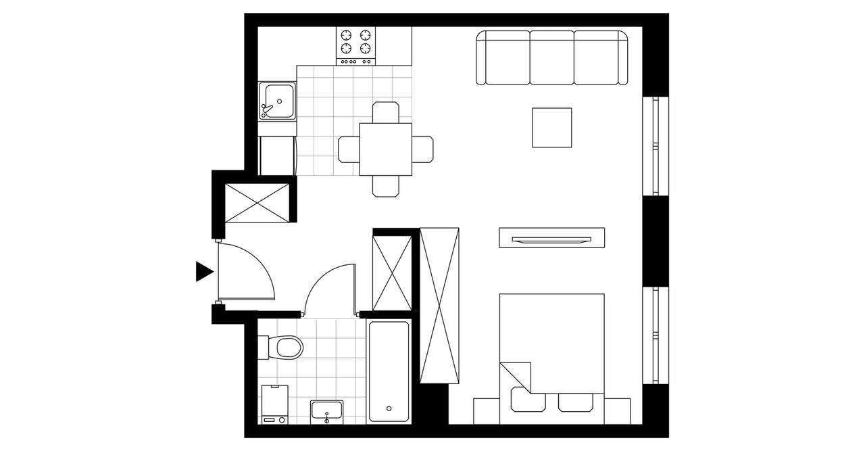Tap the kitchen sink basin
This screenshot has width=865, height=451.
278,101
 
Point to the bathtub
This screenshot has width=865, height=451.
389,372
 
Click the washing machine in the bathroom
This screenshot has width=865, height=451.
274,404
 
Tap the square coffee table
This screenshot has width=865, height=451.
552,127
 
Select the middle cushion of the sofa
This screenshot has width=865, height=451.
551,57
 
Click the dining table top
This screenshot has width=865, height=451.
385,149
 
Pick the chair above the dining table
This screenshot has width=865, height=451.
385,112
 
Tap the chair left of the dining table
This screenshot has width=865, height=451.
349,149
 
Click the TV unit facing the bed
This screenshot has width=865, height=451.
551,238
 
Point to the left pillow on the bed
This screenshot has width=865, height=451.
528,400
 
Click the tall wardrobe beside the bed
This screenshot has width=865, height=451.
439,306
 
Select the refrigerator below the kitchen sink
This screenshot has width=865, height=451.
277,156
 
